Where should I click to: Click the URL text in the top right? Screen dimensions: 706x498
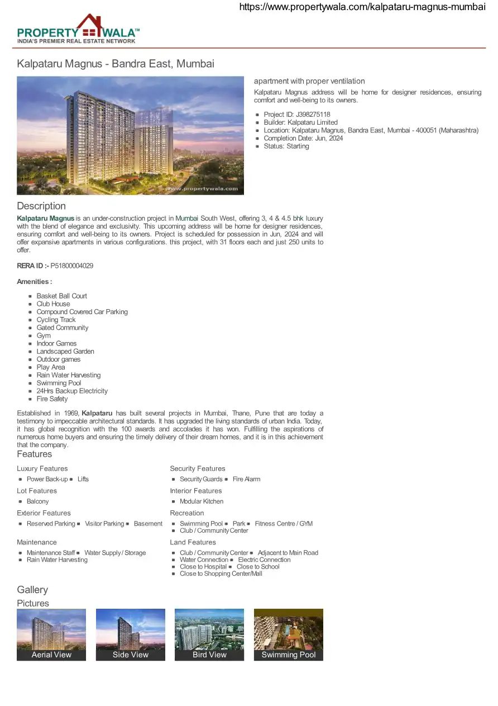[x=362, y=7]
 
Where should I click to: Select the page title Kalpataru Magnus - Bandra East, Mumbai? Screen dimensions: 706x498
[x=116, y=64]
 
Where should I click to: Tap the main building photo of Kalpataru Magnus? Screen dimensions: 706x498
[x=130, y=135]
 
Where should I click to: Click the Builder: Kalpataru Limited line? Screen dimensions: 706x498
[x=300, y=122]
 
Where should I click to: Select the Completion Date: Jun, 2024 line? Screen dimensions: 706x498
[x=303, y=138]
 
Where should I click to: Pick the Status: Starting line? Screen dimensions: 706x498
[x=286, y=146]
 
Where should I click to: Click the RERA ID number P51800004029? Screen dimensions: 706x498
[x=72, y=266]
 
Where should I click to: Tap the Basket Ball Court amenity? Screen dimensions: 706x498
[x=61, y=296]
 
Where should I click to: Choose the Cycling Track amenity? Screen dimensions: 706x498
[x=56, y=320]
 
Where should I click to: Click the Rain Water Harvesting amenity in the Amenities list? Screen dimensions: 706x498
[x=69, y=375]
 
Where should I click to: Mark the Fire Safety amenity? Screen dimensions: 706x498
[x=52, y=399]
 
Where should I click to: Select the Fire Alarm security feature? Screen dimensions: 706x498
[x=246, y=479]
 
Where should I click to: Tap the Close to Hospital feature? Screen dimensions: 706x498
[x=203, y=567]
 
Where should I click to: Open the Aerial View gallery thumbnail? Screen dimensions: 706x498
[x=51, y=634]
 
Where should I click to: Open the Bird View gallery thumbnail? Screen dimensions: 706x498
[x=209, y=634]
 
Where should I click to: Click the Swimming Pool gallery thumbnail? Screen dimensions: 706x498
[x=289, y=634]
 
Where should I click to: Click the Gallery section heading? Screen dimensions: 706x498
[x=32, y=590]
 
